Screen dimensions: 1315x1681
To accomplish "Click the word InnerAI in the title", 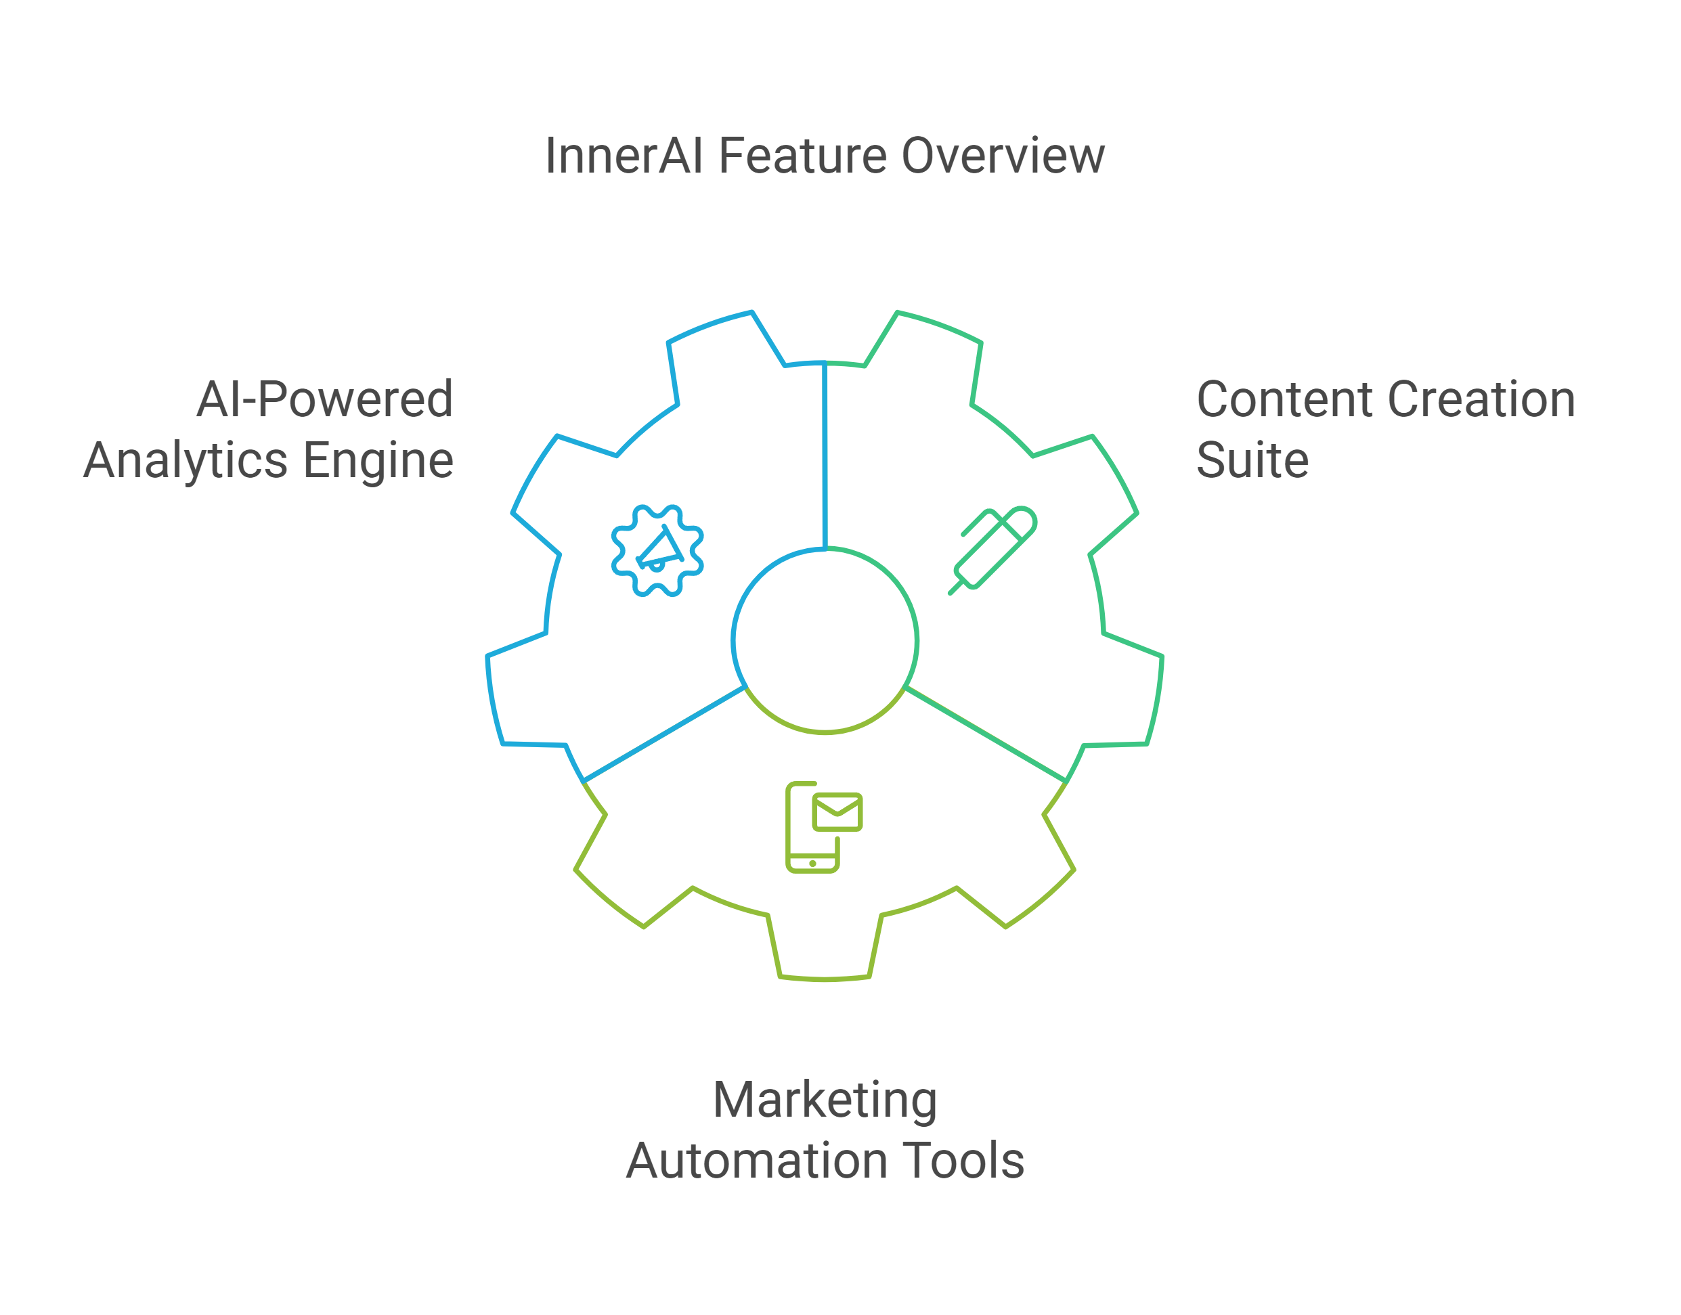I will point(623,156).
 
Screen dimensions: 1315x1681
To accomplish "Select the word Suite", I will point(1252,460).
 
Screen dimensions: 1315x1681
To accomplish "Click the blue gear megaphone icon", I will point(657,550).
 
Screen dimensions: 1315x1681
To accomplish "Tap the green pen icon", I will point(992,550).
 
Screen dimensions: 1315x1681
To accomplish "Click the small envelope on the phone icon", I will point(837,811).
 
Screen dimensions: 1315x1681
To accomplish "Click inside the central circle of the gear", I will point(825,640).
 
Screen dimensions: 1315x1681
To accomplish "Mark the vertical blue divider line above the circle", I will point(825,454).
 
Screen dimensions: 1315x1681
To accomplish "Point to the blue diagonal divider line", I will point(663,734).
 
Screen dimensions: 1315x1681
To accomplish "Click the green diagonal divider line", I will point(986,734).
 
